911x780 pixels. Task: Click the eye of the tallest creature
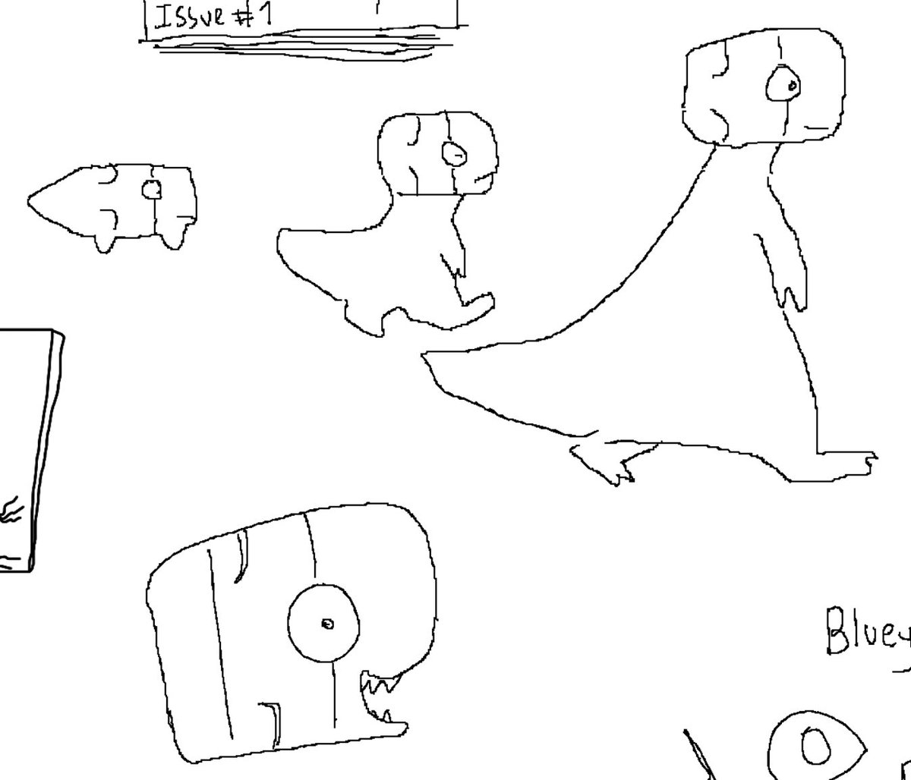coord(783,85)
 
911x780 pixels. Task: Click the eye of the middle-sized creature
coord(454,155)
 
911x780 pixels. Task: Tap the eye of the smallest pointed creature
coord(151,188)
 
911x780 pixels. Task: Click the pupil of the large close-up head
coord(327,624)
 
